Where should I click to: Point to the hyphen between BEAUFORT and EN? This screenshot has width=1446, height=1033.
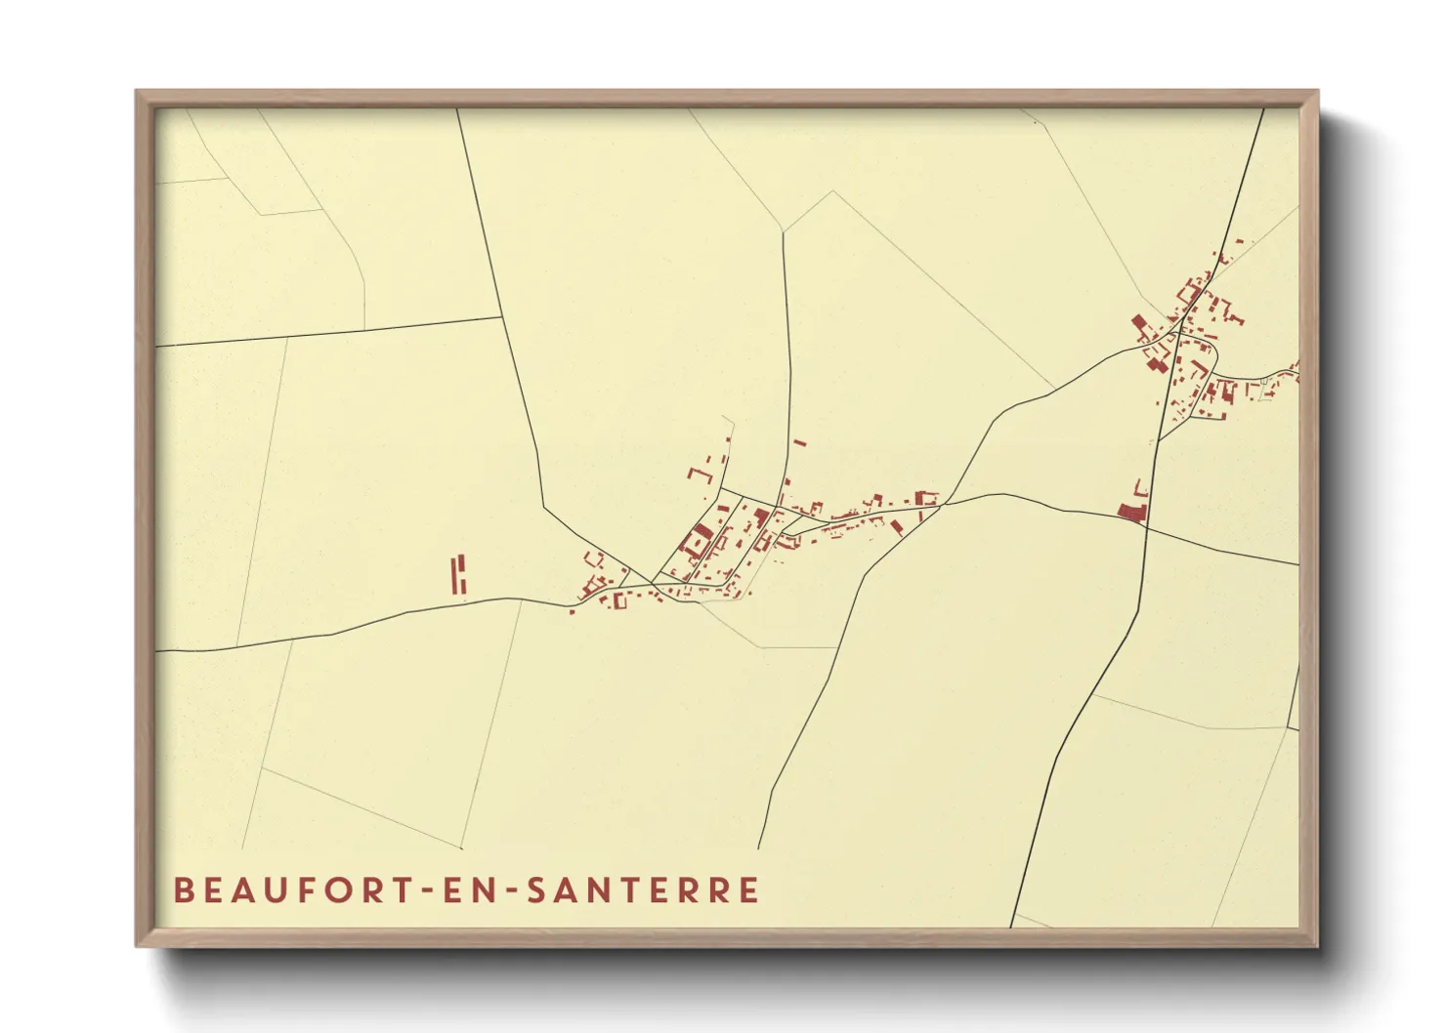click(426, 891)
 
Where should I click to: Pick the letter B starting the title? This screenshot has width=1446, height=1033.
click(183, 890)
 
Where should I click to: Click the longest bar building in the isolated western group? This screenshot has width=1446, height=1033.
click(454, 574)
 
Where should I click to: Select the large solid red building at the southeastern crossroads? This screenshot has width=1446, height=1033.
click(1129, 512)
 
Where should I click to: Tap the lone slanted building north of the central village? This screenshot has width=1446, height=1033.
click(799, 443)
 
